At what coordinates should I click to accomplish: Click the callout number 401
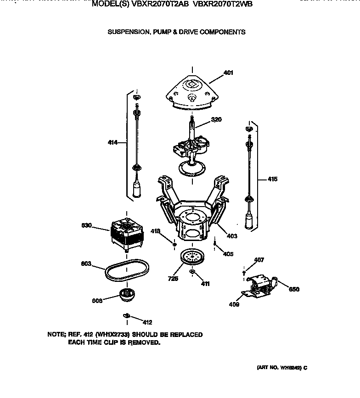228,73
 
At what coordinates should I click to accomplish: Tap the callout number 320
216,120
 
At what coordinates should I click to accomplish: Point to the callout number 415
272,179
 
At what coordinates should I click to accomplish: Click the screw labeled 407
245,273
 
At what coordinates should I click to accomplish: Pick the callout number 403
232,236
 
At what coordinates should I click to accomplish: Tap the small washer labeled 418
174,244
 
